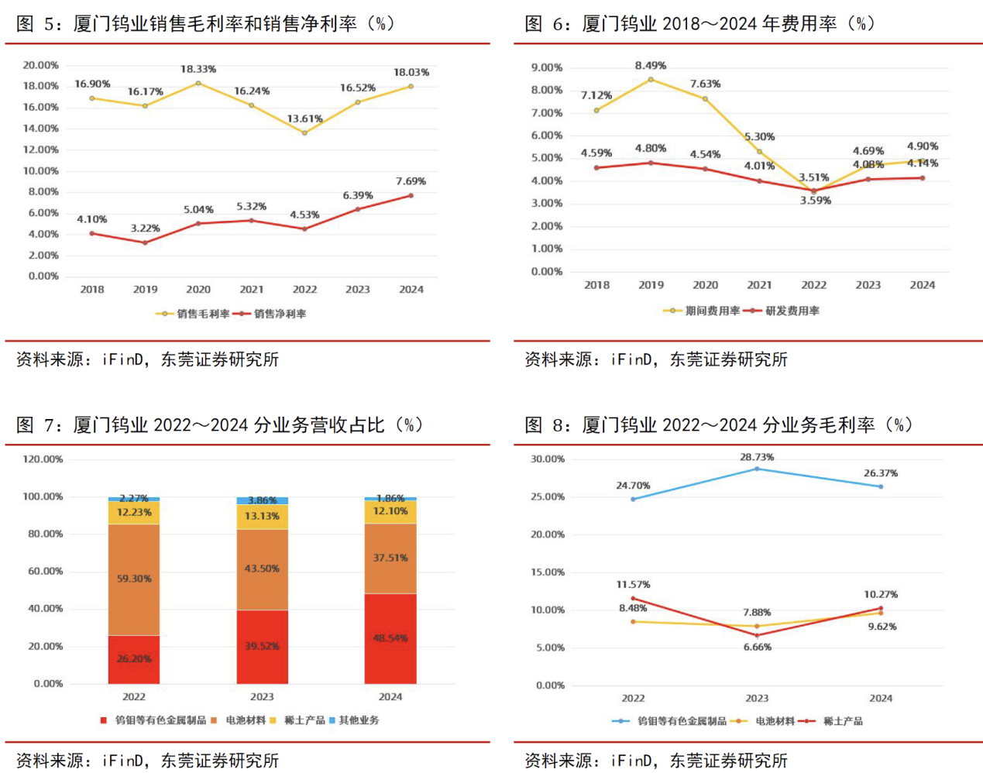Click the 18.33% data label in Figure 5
click(x=198, y=70)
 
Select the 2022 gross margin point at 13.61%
click(x=304, y=132)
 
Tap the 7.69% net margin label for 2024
click(x=411, y=181)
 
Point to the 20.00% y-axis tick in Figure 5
click(x=40, y=65)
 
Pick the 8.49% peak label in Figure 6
click(x=651, y=66)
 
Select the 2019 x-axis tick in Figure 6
click(x=651, y=285)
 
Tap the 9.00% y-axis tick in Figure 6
click(x=547, y=67)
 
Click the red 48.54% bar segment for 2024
click(x=390, y=638)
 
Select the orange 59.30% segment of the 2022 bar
click(x=134, y=579)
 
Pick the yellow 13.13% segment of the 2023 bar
click(x=262, y=517)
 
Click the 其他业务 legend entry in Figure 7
click(x=359, y=720)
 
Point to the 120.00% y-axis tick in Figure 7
click(x=43, y=459)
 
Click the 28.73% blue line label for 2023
click(x=757, y=457)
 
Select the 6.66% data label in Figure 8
click(x=758, y=648)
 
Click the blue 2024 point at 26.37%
click(x=881, y=486)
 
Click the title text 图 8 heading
click(x=718, y=425)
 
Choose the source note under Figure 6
click(x=656, y=359)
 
